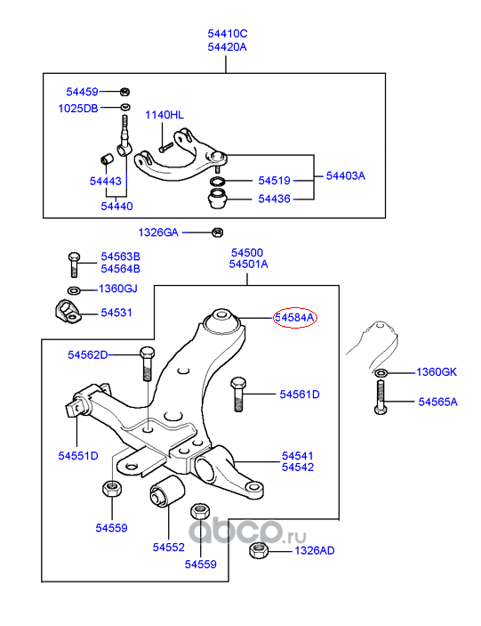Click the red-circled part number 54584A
294,318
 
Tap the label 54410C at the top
227,34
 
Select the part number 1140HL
164,115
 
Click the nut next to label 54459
124,92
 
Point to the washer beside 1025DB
125,107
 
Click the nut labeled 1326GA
217,232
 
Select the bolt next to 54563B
74,264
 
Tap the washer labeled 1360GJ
74,290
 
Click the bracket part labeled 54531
68,312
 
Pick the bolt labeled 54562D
147,363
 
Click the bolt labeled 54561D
238,394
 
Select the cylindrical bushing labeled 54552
167,491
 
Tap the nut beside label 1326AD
258,551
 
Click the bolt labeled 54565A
381,397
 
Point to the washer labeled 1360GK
381,373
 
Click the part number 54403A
346,176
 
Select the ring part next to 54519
218,182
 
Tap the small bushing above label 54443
107,159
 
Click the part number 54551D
78,456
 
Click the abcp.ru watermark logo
247,533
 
